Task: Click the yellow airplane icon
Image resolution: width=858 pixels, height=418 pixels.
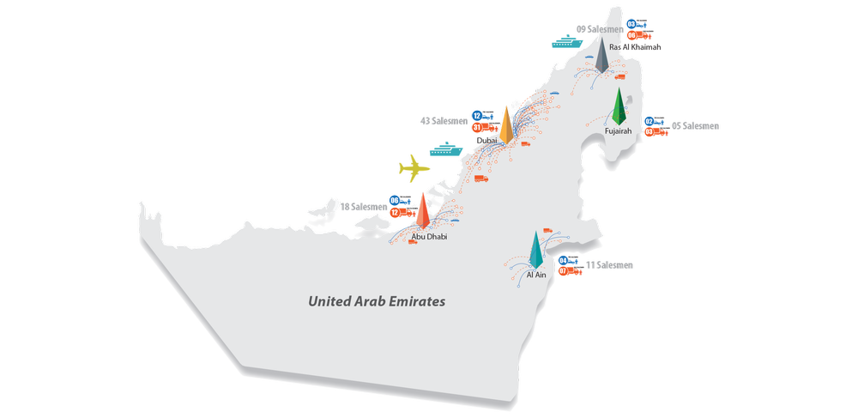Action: [x=416, y=167]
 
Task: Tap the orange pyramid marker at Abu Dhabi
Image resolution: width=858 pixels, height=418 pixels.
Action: [x=422, y=212]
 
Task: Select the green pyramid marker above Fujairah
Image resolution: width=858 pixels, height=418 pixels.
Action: [x=618, y=108]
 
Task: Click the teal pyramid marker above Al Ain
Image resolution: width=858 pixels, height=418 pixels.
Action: [x=535, y=248]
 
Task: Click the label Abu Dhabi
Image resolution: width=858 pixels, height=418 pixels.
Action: [x=429, y=236]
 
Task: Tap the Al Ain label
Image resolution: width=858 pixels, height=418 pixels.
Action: [x=536, y=274]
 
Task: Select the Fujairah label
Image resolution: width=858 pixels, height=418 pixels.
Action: [x=618, y=131]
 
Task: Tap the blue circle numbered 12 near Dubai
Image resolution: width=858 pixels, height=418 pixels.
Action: [x=477, y=115]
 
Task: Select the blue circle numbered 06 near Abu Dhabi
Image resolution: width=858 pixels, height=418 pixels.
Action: [x=395, y=200]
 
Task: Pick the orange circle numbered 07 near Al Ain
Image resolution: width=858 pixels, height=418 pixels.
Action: [x=563, y=271]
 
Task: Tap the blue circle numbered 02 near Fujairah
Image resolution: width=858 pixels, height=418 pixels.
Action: [x=649, y=121]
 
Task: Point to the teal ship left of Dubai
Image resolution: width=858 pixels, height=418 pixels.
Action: [x=445, y=148]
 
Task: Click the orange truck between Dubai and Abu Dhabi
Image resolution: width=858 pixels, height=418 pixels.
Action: [x=480, y=179]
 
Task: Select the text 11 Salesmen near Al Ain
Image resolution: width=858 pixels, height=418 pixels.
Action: [x=609, y=266]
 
